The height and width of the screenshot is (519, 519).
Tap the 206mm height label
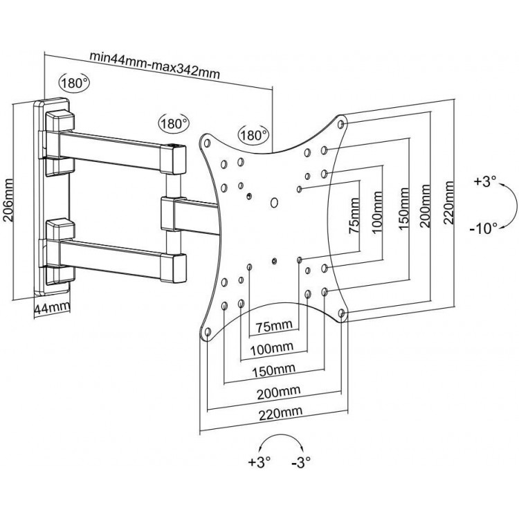pos(8,200)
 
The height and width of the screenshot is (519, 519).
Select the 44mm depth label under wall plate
pos(52,308)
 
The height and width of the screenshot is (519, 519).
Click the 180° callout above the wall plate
pos(75,83)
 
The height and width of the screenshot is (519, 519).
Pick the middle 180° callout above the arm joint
pos(174,123)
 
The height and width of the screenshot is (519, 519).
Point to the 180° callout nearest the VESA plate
pos(253,135)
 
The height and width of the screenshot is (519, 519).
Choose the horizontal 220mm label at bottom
pos(281,412)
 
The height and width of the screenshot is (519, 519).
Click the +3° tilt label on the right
pos(485,182)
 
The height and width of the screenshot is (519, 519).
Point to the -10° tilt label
pos(484,228)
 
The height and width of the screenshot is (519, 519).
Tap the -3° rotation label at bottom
pos(301,462)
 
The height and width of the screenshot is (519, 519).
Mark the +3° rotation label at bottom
pos(259,462)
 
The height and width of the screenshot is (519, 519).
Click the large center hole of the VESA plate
pos(274,203)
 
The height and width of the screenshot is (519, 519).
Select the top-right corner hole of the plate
pos(341,125)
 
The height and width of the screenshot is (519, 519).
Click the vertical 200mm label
pos(425,206)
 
